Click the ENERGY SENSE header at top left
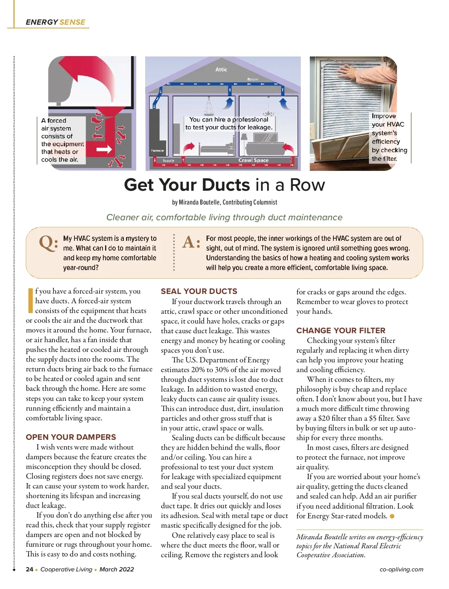[x=55, y=22]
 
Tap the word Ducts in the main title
[x=226, y=185]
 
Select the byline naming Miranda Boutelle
[x=224, y=202]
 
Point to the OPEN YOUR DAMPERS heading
[x=71, y=437]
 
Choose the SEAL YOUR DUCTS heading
[x=199, y=291]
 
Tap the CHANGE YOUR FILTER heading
[x=340, y=331]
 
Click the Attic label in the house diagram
[x=221, y=70]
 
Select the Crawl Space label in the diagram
[x=253, y=160]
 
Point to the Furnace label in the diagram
[x=157, y=150]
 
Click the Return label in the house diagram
[x=253, y=79]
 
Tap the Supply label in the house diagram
[x=168, y=160]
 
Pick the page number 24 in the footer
[x=30, y=569]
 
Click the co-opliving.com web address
[x=401, y=569]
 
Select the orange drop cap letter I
[x=30, y=300]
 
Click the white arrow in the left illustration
[x=104, y=150]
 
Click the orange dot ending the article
[x=392, y=516]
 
